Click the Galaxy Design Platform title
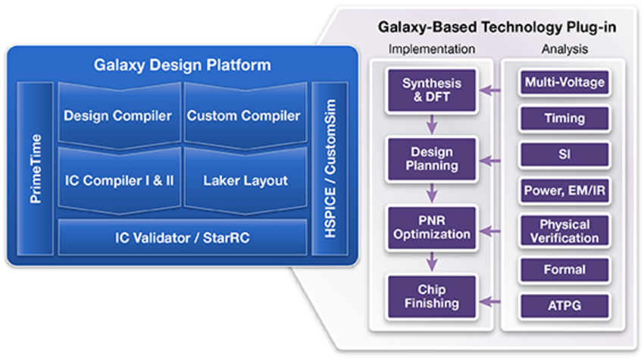coord(182,65)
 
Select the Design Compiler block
coord(117,116)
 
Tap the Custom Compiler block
coord(243,116)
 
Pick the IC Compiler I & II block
coord(118,180)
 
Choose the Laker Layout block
coord(245,180)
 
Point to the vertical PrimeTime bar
coord(35,169)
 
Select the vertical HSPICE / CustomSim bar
coord(330,169)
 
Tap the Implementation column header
coord(431,49)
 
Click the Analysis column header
coord(564,49)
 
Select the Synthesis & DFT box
coord(431,89)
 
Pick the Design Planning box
coord(431,158)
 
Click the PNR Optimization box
coord(431,227)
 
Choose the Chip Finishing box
coord(431,296)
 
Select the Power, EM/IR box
coord(564,191)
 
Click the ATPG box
coord(564,305)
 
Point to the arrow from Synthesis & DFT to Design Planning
coord(431,124)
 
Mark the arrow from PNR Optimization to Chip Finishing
coord(431,262)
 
